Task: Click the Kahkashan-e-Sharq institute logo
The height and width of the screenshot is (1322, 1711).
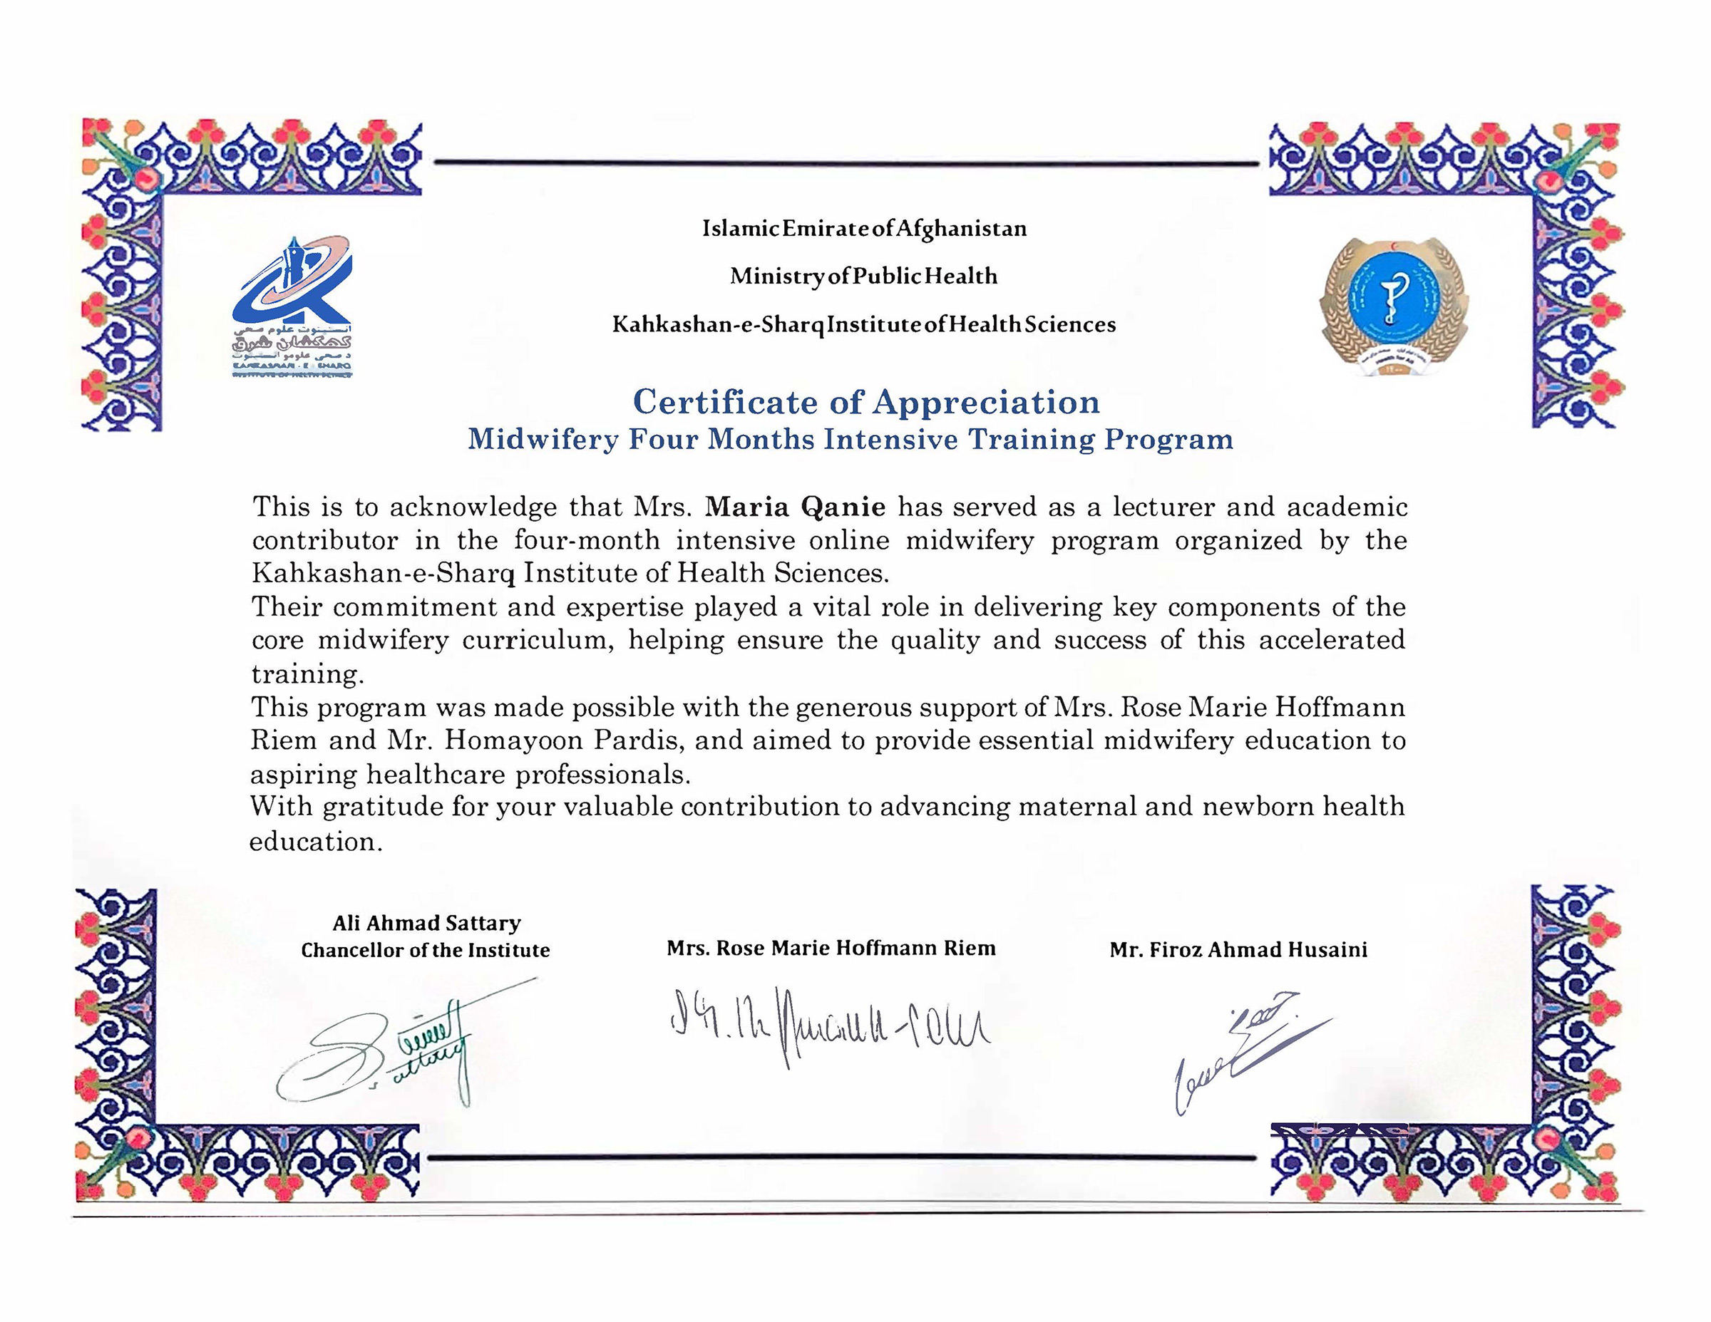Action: point(292,306)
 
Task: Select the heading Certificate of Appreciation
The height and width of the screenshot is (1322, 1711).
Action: point(865,403)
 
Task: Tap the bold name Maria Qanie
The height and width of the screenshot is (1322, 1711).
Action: point(794,507)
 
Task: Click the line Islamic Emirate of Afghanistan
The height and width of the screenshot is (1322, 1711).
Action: point(864,229)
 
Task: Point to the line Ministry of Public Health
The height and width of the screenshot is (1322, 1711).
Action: point(863,277)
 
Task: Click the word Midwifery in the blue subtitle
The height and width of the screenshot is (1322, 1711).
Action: point(543,440)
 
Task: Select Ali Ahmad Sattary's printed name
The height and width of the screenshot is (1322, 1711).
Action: point(426,924)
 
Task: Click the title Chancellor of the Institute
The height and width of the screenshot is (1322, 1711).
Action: point(426,951)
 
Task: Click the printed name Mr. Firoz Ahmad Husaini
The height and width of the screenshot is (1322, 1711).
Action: point(1238,950)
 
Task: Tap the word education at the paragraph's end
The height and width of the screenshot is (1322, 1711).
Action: point(315,842)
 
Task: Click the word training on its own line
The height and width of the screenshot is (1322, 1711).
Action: point(307,674)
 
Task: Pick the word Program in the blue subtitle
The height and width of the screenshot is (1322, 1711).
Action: point(1168,440)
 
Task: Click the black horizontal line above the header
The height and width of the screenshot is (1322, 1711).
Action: point(846,164)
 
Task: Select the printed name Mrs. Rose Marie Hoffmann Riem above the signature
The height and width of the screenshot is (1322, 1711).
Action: point(831,949)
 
